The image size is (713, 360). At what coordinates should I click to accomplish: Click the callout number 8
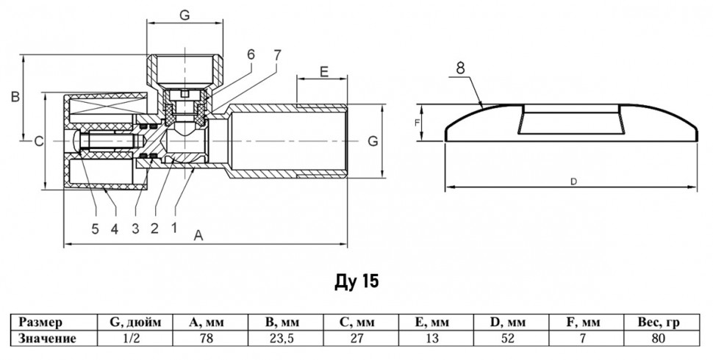tap(460, 68)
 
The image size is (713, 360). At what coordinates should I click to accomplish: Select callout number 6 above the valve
tap(251, 54)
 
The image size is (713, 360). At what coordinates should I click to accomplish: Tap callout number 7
tap(277, 55)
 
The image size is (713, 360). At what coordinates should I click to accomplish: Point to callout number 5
tap(95, 228)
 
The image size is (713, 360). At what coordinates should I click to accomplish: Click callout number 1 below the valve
tap(173, 227)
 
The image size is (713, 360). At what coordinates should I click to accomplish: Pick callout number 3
tap(135, 228)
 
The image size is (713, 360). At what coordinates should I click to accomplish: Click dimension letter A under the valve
tap(198, 235)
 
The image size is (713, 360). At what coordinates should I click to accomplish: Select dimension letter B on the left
tap(15, 97)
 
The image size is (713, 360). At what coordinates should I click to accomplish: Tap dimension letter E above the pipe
tap(323, 71)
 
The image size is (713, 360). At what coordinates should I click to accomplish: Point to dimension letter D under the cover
tap(573, 181)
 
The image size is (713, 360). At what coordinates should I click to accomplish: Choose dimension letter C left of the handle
tap(39, 142)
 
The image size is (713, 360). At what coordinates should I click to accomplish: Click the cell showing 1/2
tap(135, 339)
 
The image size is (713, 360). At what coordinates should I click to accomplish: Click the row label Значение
tap(47, 339)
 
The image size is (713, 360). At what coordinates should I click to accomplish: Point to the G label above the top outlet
tap(184, 15)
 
